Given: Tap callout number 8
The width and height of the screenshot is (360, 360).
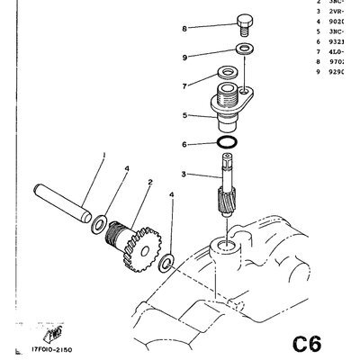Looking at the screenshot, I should pos(184,29).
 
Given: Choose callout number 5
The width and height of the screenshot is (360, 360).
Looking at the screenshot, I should pos(184,115).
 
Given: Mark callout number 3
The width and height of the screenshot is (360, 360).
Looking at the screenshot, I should pos(184,174).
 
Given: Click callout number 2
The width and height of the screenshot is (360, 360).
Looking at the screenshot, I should pos(139,183).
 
